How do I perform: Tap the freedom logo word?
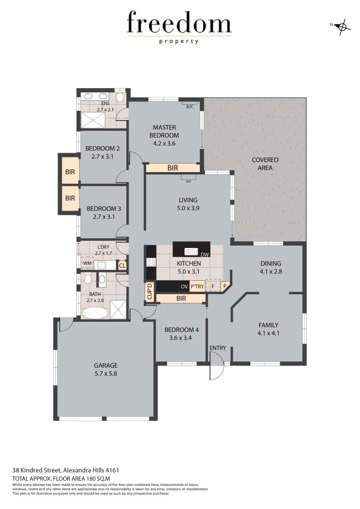click(179, 24)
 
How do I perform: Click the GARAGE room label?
click(106, 365)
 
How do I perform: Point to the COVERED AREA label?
click(265, 164)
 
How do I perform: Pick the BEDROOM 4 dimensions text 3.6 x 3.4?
click(181, 337)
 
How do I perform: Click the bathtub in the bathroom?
click(94, 312)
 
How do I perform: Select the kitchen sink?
click(191, 251)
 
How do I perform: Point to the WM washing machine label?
click(87, 263)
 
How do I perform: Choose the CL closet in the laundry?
click(122, 266)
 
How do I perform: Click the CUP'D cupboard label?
click(150, 291)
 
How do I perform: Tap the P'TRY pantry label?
click(197, 286)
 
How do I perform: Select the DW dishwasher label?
click(205, 255)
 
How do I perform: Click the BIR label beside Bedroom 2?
click(70, 172)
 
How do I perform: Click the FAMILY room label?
click(268, 325)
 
